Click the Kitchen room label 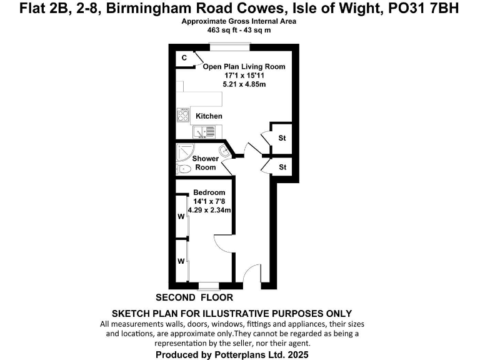[209, 116]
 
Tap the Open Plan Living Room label [244, 67]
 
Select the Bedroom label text [209, 192]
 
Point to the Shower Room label [205, 163]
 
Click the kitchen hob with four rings [184, 115]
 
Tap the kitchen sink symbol [204, 132]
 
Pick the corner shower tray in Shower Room [186, 151]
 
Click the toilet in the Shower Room [184, 169]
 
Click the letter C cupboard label [184, 58]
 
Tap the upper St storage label [282, 138]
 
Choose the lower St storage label [282, 167]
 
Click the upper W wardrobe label [181, 217]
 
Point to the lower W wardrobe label [181, 260]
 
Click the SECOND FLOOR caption [194, 297]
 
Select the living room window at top [229, 44]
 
